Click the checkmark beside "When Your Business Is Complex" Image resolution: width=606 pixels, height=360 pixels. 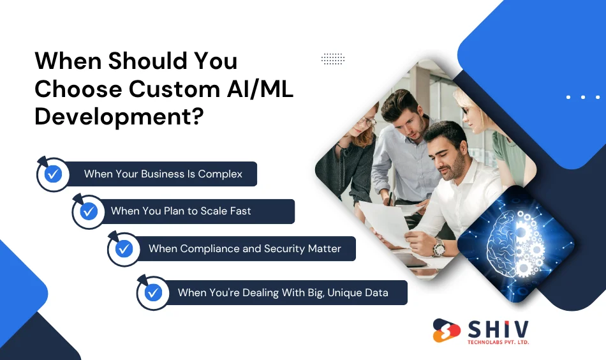coord(53,174)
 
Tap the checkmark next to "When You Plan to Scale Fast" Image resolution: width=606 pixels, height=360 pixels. coord(88,211)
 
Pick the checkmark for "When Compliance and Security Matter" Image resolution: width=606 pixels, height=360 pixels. coord(124,248)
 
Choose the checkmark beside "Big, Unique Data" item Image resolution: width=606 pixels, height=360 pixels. coord(153,292)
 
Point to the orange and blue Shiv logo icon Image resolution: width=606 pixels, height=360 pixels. coord(447,331)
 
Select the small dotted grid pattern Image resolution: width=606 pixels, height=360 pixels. coord(332,59)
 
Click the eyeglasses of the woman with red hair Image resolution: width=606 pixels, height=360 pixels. coord(369,121)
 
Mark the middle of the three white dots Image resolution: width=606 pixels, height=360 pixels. coord(583,97)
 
